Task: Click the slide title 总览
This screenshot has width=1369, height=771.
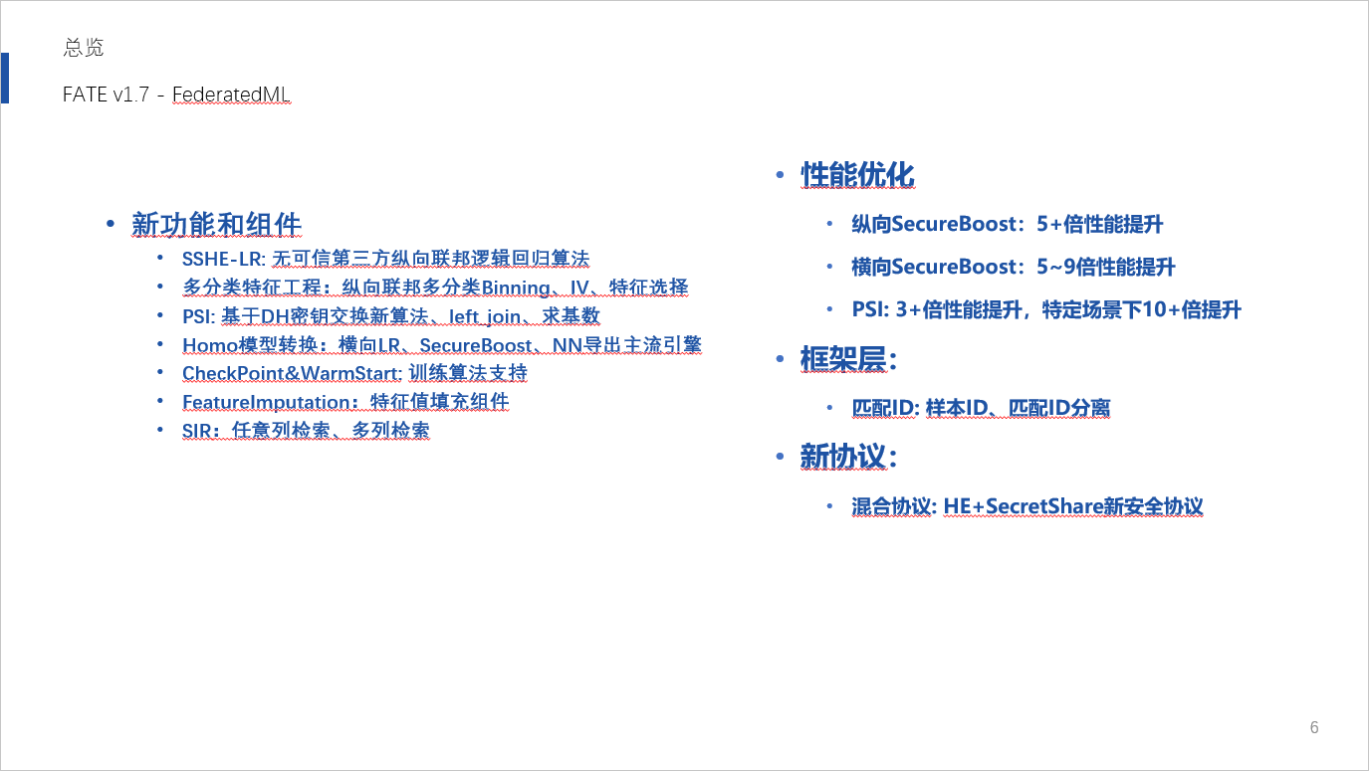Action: [x=83, y=47]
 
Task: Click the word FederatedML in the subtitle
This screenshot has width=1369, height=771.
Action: [x=231, y=95]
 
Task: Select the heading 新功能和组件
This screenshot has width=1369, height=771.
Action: [x=216, y=224]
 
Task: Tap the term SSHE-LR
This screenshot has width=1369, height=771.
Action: [x=224, y=259]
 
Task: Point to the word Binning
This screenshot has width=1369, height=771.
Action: [x=515, y=288]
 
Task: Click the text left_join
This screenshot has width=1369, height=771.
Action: [x=485, y=316]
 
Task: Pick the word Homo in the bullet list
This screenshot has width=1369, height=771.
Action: [x=210, y=345]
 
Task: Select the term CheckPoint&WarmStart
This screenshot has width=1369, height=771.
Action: [x=292, y=373]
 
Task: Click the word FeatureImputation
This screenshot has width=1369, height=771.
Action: [x=267, y=402]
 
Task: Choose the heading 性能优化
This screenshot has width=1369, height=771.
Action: [x=857, y=174]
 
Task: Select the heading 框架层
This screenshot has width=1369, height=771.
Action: [x=848, y=359]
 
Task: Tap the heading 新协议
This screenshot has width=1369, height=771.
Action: [x=848, y=457]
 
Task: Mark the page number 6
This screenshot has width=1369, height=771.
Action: [x=1314, y=727]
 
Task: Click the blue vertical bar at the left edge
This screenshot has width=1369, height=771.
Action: [x=5, y=79]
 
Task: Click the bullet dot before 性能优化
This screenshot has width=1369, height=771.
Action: [x=780, y=175]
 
